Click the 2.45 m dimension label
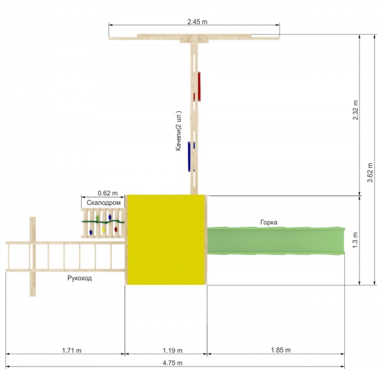[197, 21]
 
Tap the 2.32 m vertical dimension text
[356, 110]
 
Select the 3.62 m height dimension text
[370, 172]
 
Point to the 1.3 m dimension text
[356, 240]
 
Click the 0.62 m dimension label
[107, 193]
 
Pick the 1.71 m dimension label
[72, 351]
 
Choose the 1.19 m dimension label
[172, 351]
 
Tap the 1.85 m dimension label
[281, 350]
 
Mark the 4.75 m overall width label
[172, 363]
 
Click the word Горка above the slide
[268, 223]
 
